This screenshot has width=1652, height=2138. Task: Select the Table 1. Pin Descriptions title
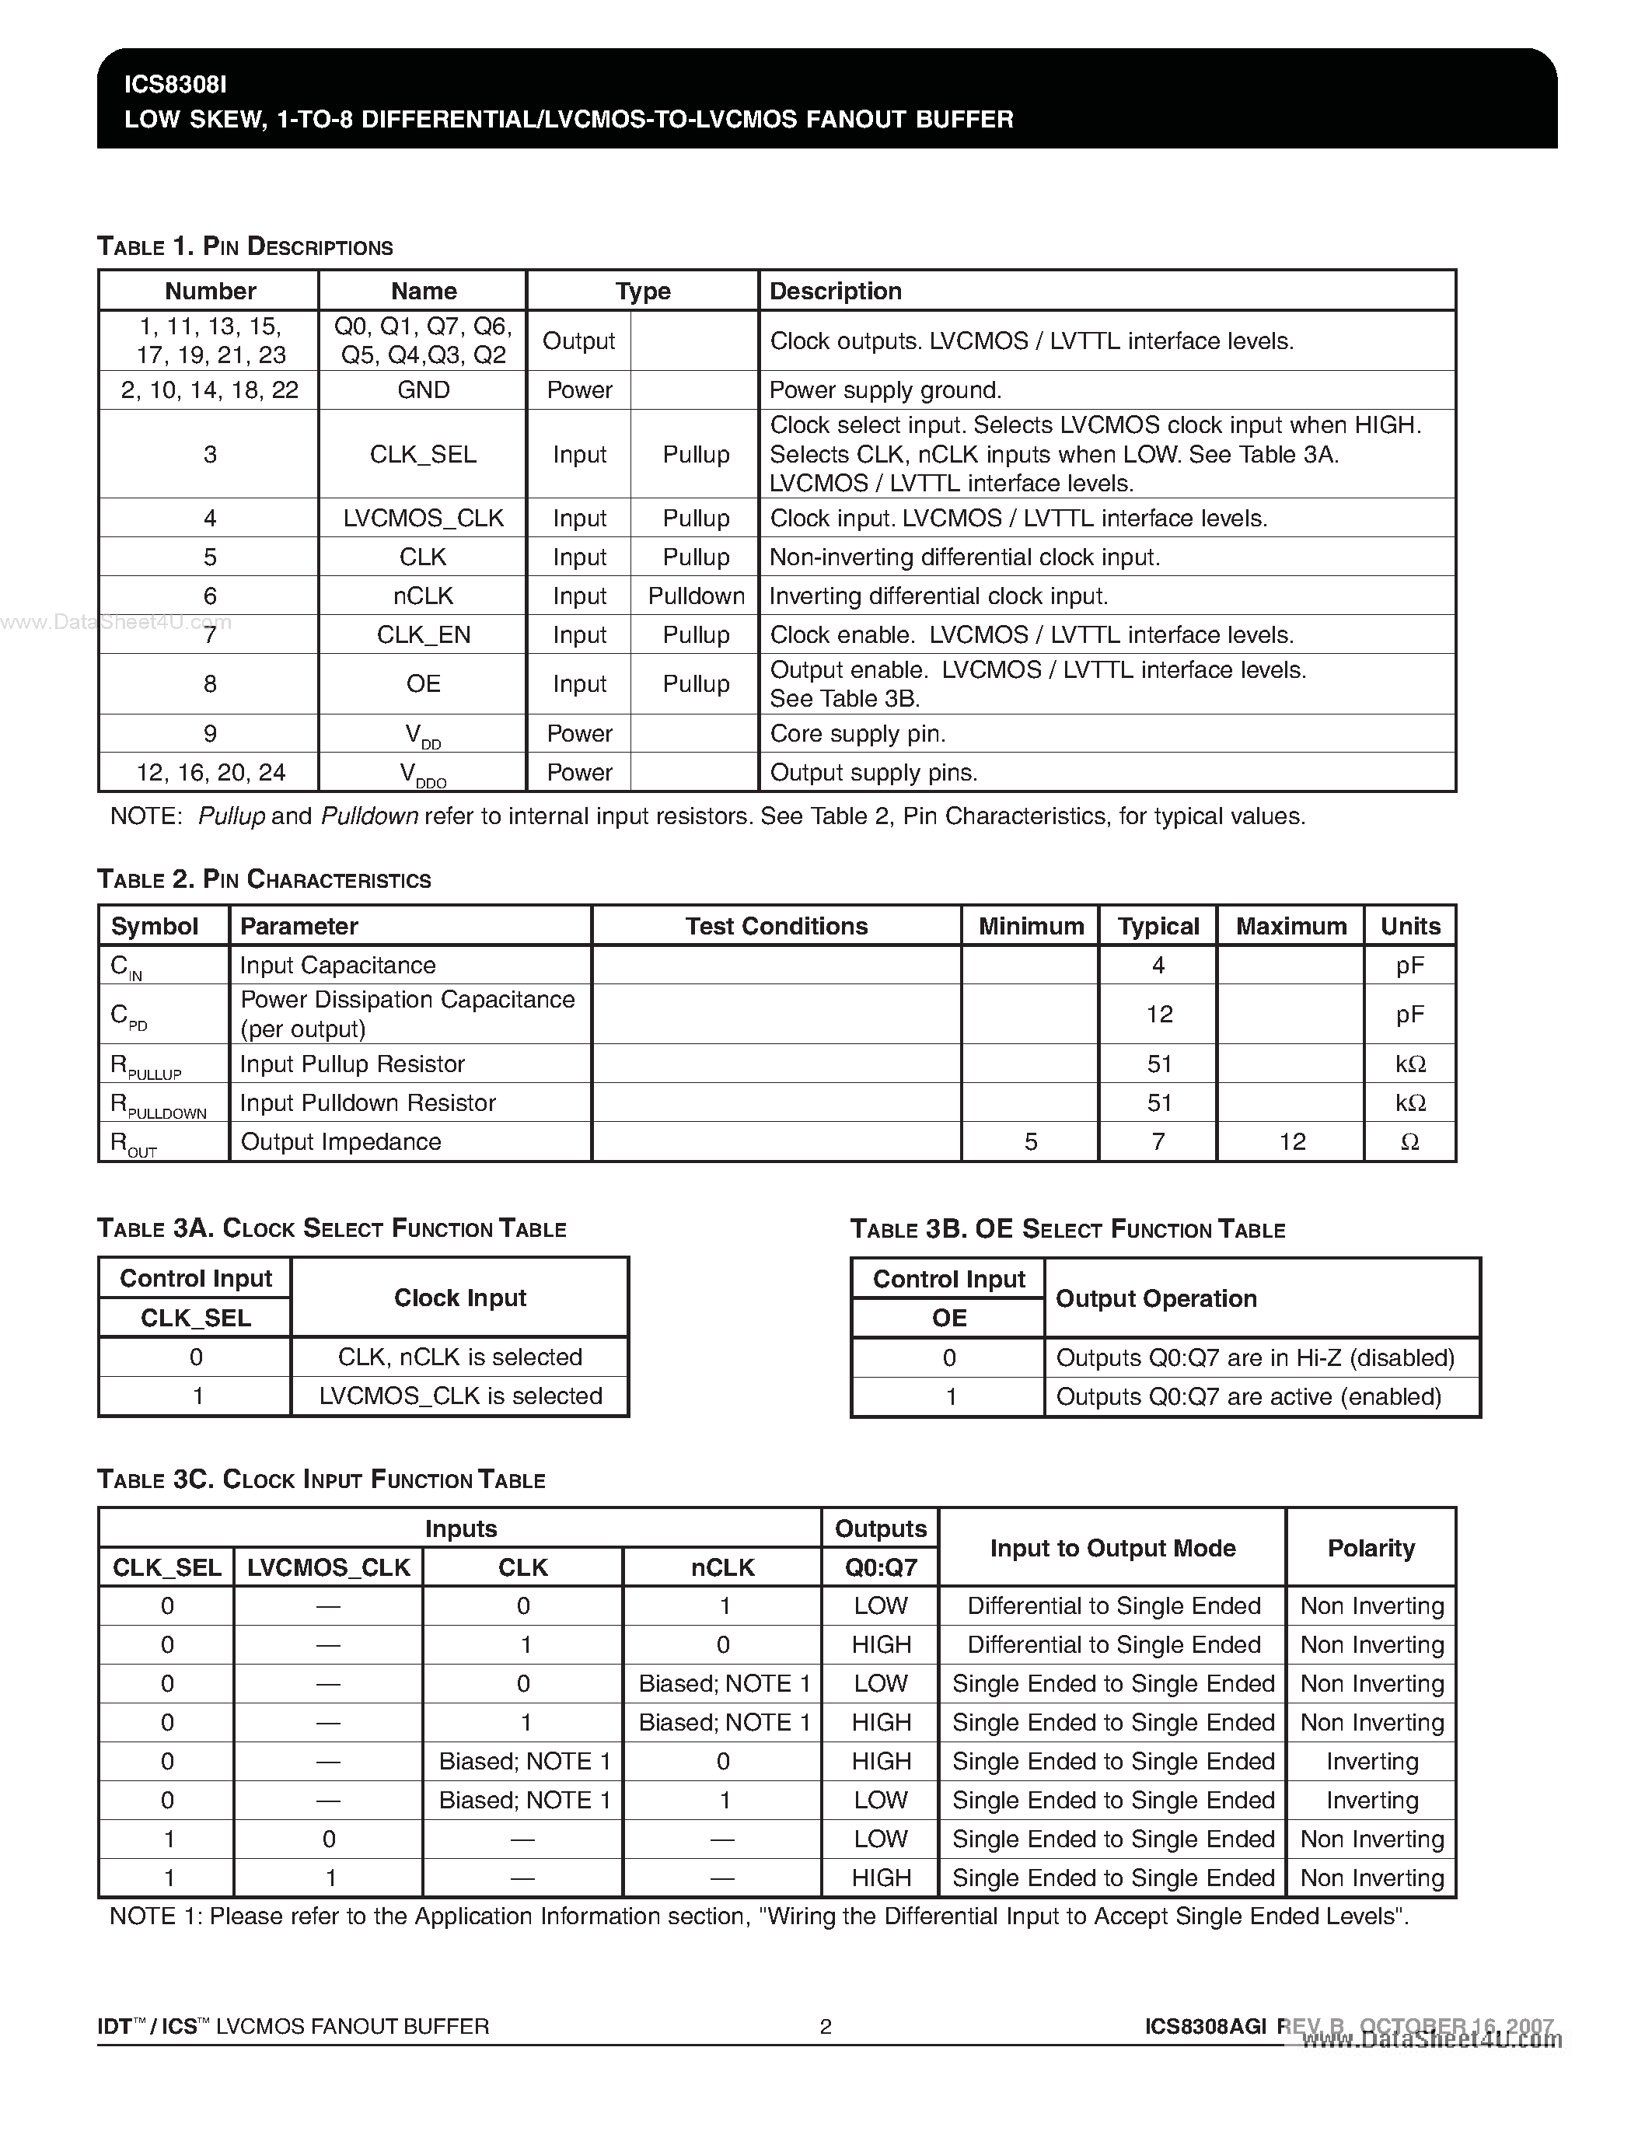point(245,246)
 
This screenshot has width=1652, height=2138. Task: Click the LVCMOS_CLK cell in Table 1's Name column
point(423,518)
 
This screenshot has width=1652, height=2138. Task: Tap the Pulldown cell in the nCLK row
point(696,596)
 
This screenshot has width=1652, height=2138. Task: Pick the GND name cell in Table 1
point(423,390)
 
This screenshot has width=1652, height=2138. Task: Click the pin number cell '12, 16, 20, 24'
point(211,772)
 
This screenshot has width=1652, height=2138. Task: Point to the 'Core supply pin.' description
point(857,733)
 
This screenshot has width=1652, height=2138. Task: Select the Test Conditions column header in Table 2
point(776,926)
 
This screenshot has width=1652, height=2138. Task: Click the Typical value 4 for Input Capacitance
point(1158,966)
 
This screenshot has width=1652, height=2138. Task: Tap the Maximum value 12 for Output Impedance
point(1292,1141)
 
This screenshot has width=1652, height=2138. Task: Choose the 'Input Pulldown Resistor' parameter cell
point(368,1102)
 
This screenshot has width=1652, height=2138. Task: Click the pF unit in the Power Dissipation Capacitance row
point(1409,1014)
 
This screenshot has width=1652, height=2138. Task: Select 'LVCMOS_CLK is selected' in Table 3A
point(460,1396)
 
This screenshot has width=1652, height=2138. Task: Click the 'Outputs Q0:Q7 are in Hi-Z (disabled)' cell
point(1255,1357)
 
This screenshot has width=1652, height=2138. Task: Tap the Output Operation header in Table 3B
point(1156,1298)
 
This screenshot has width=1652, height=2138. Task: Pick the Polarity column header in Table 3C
point(1370,1548)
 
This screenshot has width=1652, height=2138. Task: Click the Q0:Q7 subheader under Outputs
point(881,1567)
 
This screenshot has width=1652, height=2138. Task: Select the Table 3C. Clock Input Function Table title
point(321,1479)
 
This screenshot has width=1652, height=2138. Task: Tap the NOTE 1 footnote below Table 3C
point(759,1916)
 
